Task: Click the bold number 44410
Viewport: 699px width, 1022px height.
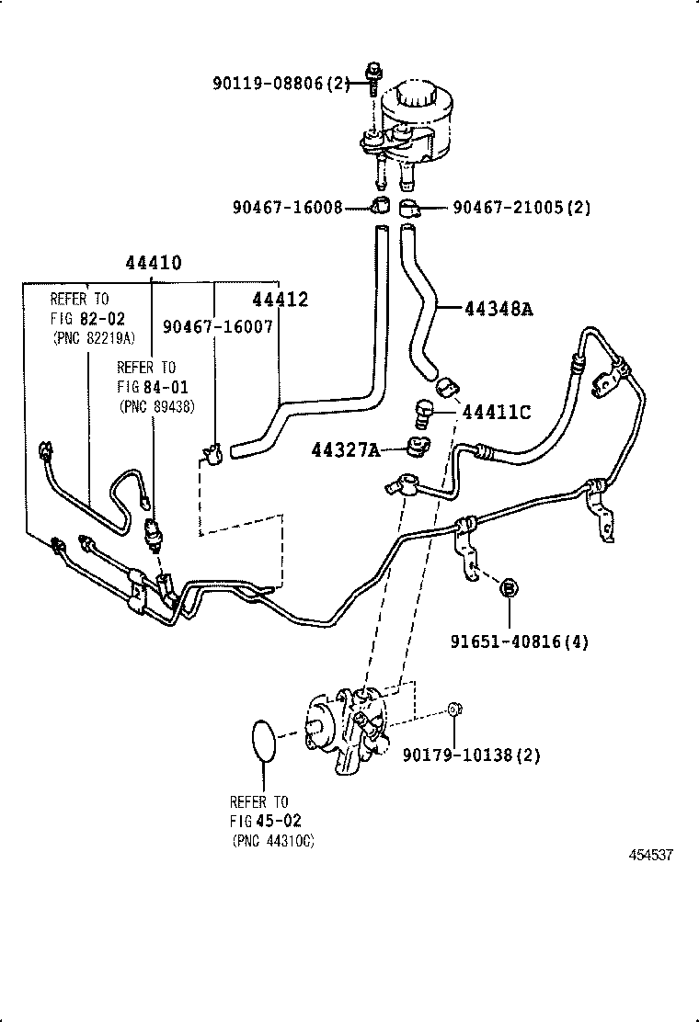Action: click(154, 264)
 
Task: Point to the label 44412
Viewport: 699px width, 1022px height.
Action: click(280, 299)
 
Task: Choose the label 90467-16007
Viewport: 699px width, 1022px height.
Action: click(218, 325)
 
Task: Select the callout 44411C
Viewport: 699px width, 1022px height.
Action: click(496, 412)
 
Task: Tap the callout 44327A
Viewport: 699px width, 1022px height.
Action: click(346, 449)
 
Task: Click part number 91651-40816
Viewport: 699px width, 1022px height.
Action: click(520, 642)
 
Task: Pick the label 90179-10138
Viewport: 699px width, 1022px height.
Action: click(472, 755)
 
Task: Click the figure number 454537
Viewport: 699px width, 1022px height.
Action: click(651, 854)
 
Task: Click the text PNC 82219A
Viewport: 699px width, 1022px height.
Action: click(91, 337)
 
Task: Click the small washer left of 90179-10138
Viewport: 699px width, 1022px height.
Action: click(454, 710)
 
